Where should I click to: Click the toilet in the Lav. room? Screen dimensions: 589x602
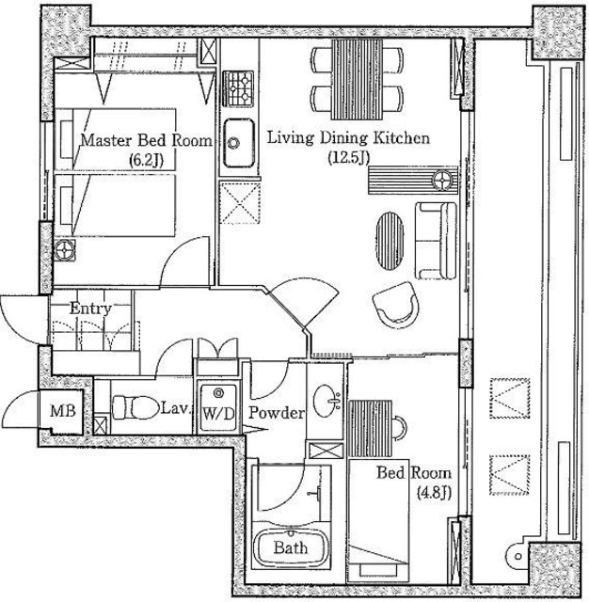135,407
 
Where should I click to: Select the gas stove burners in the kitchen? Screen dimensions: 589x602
238,88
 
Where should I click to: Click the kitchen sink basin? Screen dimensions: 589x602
239,143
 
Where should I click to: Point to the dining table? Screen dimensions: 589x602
358,79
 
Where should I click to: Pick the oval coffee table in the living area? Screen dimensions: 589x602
390,242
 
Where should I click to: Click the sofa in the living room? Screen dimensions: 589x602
436,241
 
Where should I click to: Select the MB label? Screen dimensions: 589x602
63,411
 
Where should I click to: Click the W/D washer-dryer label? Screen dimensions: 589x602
218,414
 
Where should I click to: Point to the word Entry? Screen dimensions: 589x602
90,308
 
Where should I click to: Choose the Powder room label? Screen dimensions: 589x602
277,413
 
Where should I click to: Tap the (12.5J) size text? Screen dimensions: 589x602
349,157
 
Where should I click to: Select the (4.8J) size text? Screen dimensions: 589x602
434,492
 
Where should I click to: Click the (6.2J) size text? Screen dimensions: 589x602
146,160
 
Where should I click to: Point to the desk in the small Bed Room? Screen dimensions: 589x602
370,429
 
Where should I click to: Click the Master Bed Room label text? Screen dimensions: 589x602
146,140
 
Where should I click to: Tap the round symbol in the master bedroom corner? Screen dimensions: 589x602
65,250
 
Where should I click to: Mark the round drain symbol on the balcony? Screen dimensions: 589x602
518,556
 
